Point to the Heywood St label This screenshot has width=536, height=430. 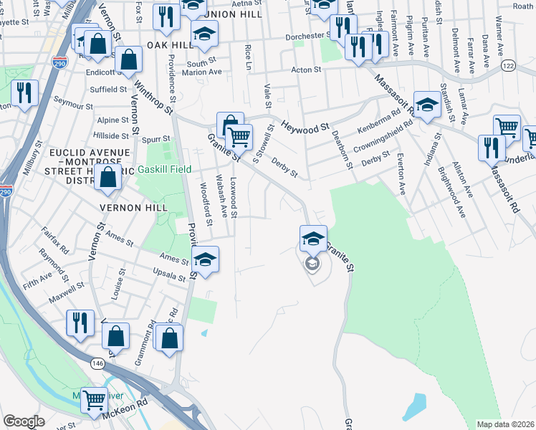point(304,125)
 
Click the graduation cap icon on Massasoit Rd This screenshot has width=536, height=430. point(427,105)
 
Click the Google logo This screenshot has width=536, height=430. point(24,421)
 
